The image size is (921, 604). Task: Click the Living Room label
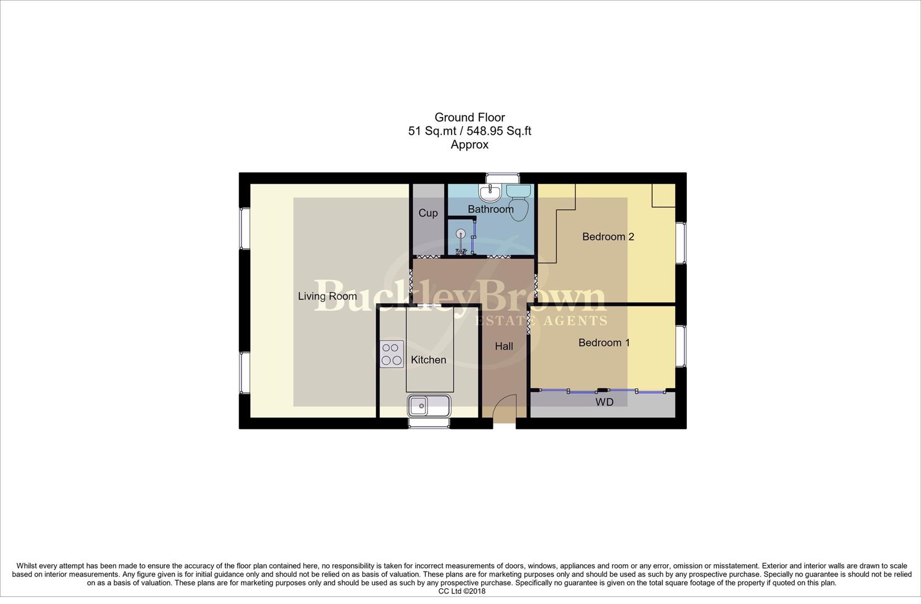tap(327, 296)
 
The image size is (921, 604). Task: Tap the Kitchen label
tap(429, 360)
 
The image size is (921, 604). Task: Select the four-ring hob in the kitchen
tap(392, 354)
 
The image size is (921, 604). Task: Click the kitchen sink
tap(429, 405)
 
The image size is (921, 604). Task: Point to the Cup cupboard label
tap(428, 213)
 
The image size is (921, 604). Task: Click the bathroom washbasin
tap(490, 194)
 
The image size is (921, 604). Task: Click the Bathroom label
tap(491, 209)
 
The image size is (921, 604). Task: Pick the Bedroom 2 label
tap(608, 237)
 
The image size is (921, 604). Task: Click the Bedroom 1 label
tap(604, 343)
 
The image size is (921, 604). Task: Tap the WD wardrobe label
tap(605, 402)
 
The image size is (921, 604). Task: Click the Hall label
tap(504, 347)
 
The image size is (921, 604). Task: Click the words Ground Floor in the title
tap(469, 117)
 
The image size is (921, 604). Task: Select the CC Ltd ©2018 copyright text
tap(462, 591)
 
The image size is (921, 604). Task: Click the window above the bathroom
tap(502, 178)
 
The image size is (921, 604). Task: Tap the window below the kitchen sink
tap(429, 423)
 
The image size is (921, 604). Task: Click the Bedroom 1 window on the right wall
tap(681, 346)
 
